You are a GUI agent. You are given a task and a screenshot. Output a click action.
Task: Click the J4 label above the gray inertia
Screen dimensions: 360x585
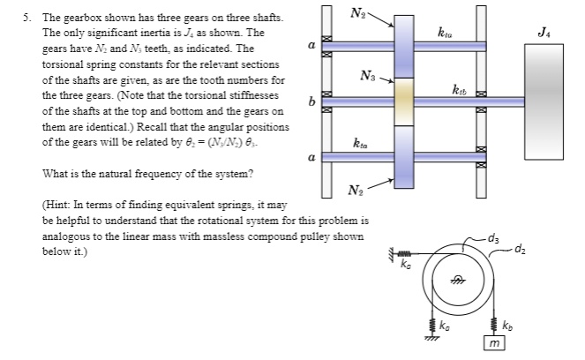(551, 34)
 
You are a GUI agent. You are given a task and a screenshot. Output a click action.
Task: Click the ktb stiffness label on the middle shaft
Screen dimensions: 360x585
(460, 90)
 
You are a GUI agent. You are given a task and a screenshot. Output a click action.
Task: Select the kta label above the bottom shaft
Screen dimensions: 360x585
(360, 144)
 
